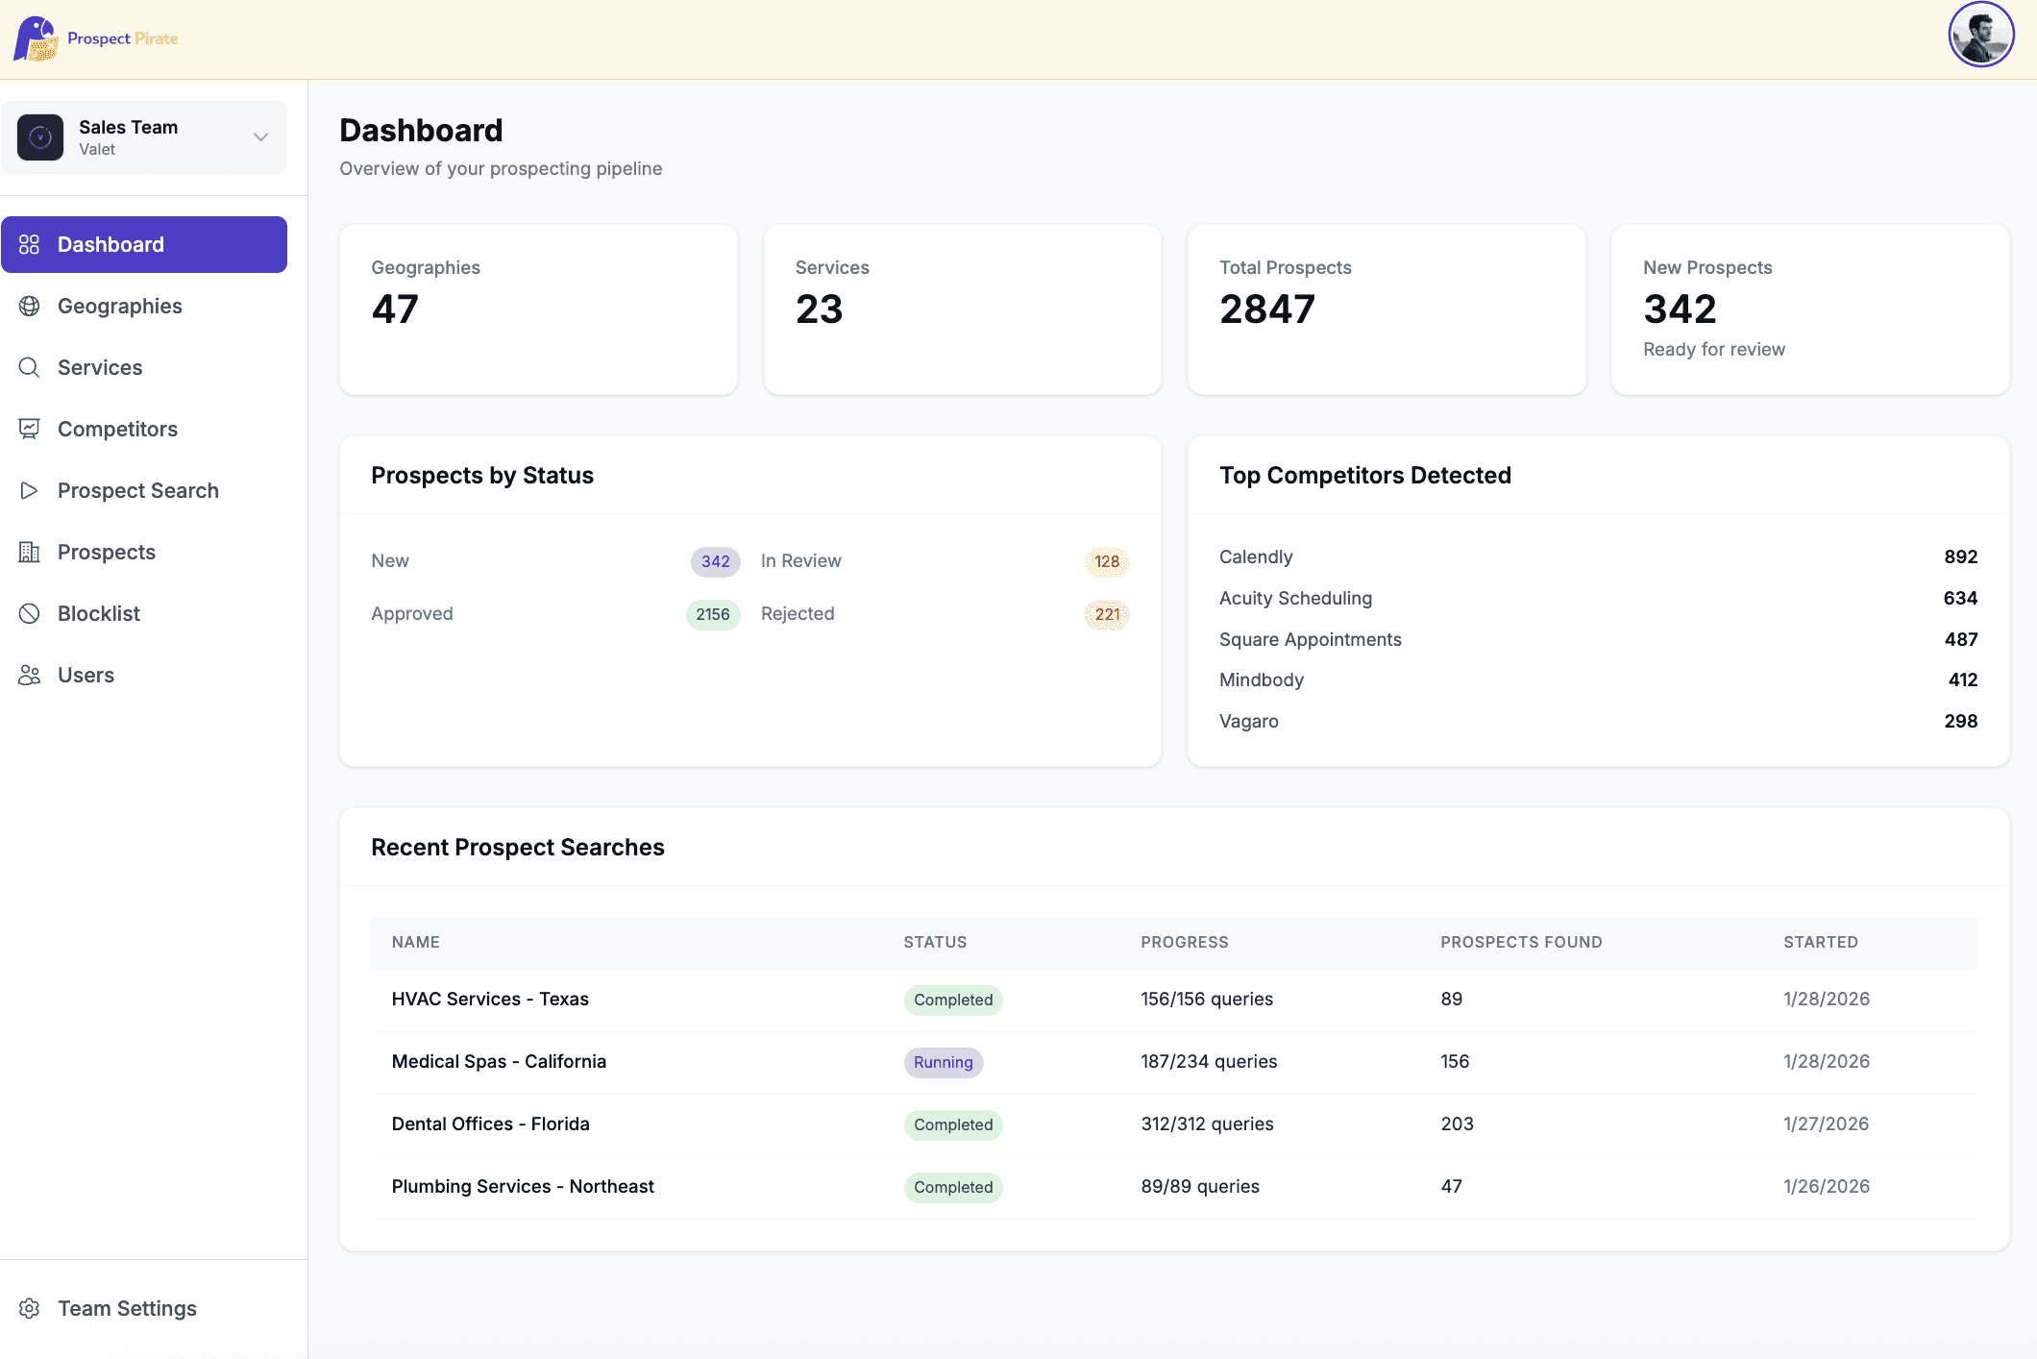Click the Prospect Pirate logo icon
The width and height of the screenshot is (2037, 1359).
(36, 38)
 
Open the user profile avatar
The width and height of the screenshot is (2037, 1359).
(1980, 36)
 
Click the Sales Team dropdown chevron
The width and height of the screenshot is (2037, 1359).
(260, 137)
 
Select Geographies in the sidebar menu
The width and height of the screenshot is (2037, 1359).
(119, 306)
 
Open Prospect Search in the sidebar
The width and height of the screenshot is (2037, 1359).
(137, 490)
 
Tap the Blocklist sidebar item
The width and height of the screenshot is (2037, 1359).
(98, 613)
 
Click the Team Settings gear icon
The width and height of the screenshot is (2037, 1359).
(30, 1308)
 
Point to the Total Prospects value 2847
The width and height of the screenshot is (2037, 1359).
(1266, 309)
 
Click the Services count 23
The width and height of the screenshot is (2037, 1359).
(819, 309)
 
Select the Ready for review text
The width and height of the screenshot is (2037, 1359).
(1713, 349)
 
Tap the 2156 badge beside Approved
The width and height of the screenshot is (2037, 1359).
(712, 614)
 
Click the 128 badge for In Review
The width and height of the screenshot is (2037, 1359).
(1106, 561)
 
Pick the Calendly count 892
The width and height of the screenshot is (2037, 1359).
(1960, 556)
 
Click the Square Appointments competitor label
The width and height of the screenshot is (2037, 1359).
(1310, 639)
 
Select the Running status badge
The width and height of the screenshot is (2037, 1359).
(943, 1062)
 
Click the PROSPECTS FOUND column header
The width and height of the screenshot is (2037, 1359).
(1520, 942)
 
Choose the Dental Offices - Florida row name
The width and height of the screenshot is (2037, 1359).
(490, 1124)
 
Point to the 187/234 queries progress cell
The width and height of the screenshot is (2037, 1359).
(1208, 1061)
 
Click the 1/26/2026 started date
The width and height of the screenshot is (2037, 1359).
(1826, 1186)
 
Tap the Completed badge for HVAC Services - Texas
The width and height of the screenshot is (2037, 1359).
(952, 1000)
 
